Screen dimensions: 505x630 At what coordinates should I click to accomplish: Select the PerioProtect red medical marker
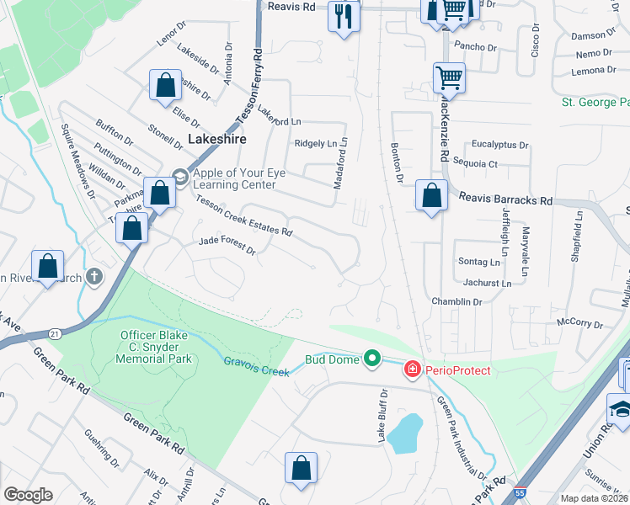(x=413, y=369)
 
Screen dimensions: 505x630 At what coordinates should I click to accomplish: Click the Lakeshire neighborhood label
(x=216, y=139)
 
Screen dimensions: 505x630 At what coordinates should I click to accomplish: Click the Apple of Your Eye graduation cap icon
(x=180, y=175)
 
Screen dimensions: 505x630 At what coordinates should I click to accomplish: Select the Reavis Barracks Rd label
(x=505, y=200)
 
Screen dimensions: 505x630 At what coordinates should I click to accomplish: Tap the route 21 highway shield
(x=55, y=334)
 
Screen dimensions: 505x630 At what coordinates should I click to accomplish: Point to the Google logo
(x=29, y=495)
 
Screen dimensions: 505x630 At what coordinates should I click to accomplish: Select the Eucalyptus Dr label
(x=500, y=145)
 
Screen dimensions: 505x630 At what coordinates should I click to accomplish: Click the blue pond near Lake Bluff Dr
(x=406, y=433)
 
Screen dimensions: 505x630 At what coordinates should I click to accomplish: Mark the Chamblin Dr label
(x=456, y=301)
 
